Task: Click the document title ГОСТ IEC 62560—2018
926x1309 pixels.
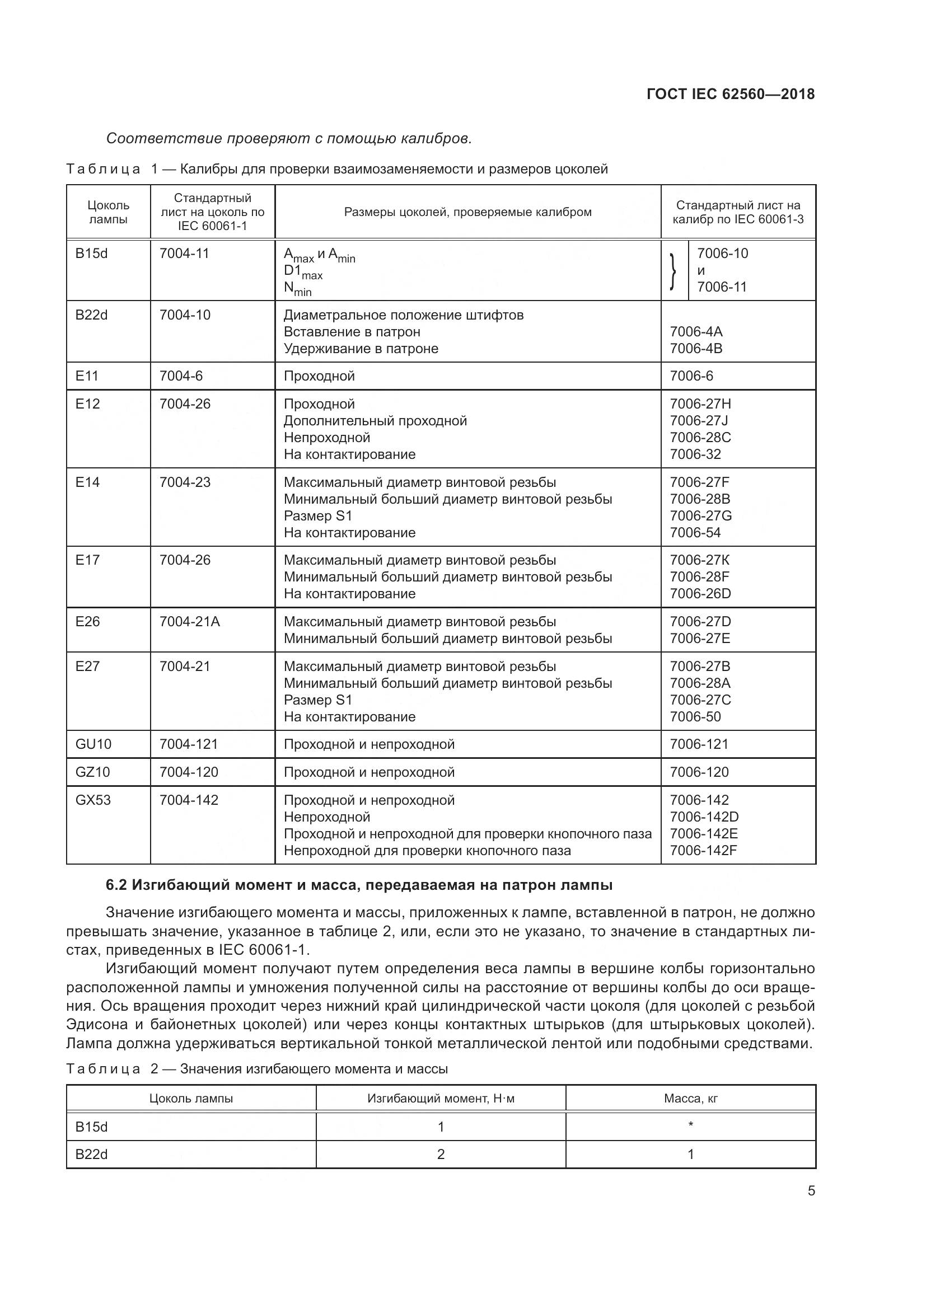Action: [x=731, y=94]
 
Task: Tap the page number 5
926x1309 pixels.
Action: [x=811, y=1190]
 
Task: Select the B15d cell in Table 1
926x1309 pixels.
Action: [x=91, y=254]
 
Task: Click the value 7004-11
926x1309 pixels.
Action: [x=184, y=254]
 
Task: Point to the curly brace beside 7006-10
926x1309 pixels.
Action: [x=674, y=271]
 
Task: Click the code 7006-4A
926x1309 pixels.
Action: [x=696, y=332]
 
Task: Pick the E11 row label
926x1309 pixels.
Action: [x=87, y=376]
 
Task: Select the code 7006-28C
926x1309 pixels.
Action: [x=700, y=438]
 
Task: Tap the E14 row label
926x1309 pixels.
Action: [x=87, y=482]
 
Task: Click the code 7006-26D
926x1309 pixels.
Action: [x=700, y=594]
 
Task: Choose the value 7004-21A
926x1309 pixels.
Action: [x=189, y=622]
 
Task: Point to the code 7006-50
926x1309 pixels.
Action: [x=695, y=717]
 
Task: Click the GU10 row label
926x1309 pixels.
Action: [x=93, y=744]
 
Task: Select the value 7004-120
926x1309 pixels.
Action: [x=189, y=772]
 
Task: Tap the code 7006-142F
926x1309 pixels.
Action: [x=703, y=851]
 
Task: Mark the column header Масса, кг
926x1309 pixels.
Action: [x=690, y=1099]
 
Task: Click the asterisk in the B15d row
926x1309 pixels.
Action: [x=690, y=1125]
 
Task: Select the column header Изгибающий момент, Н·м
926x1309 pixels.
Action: [x=441, y=1099]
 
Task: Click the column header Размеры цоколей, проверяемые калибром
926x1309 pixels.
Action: [x=467, y=212]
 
